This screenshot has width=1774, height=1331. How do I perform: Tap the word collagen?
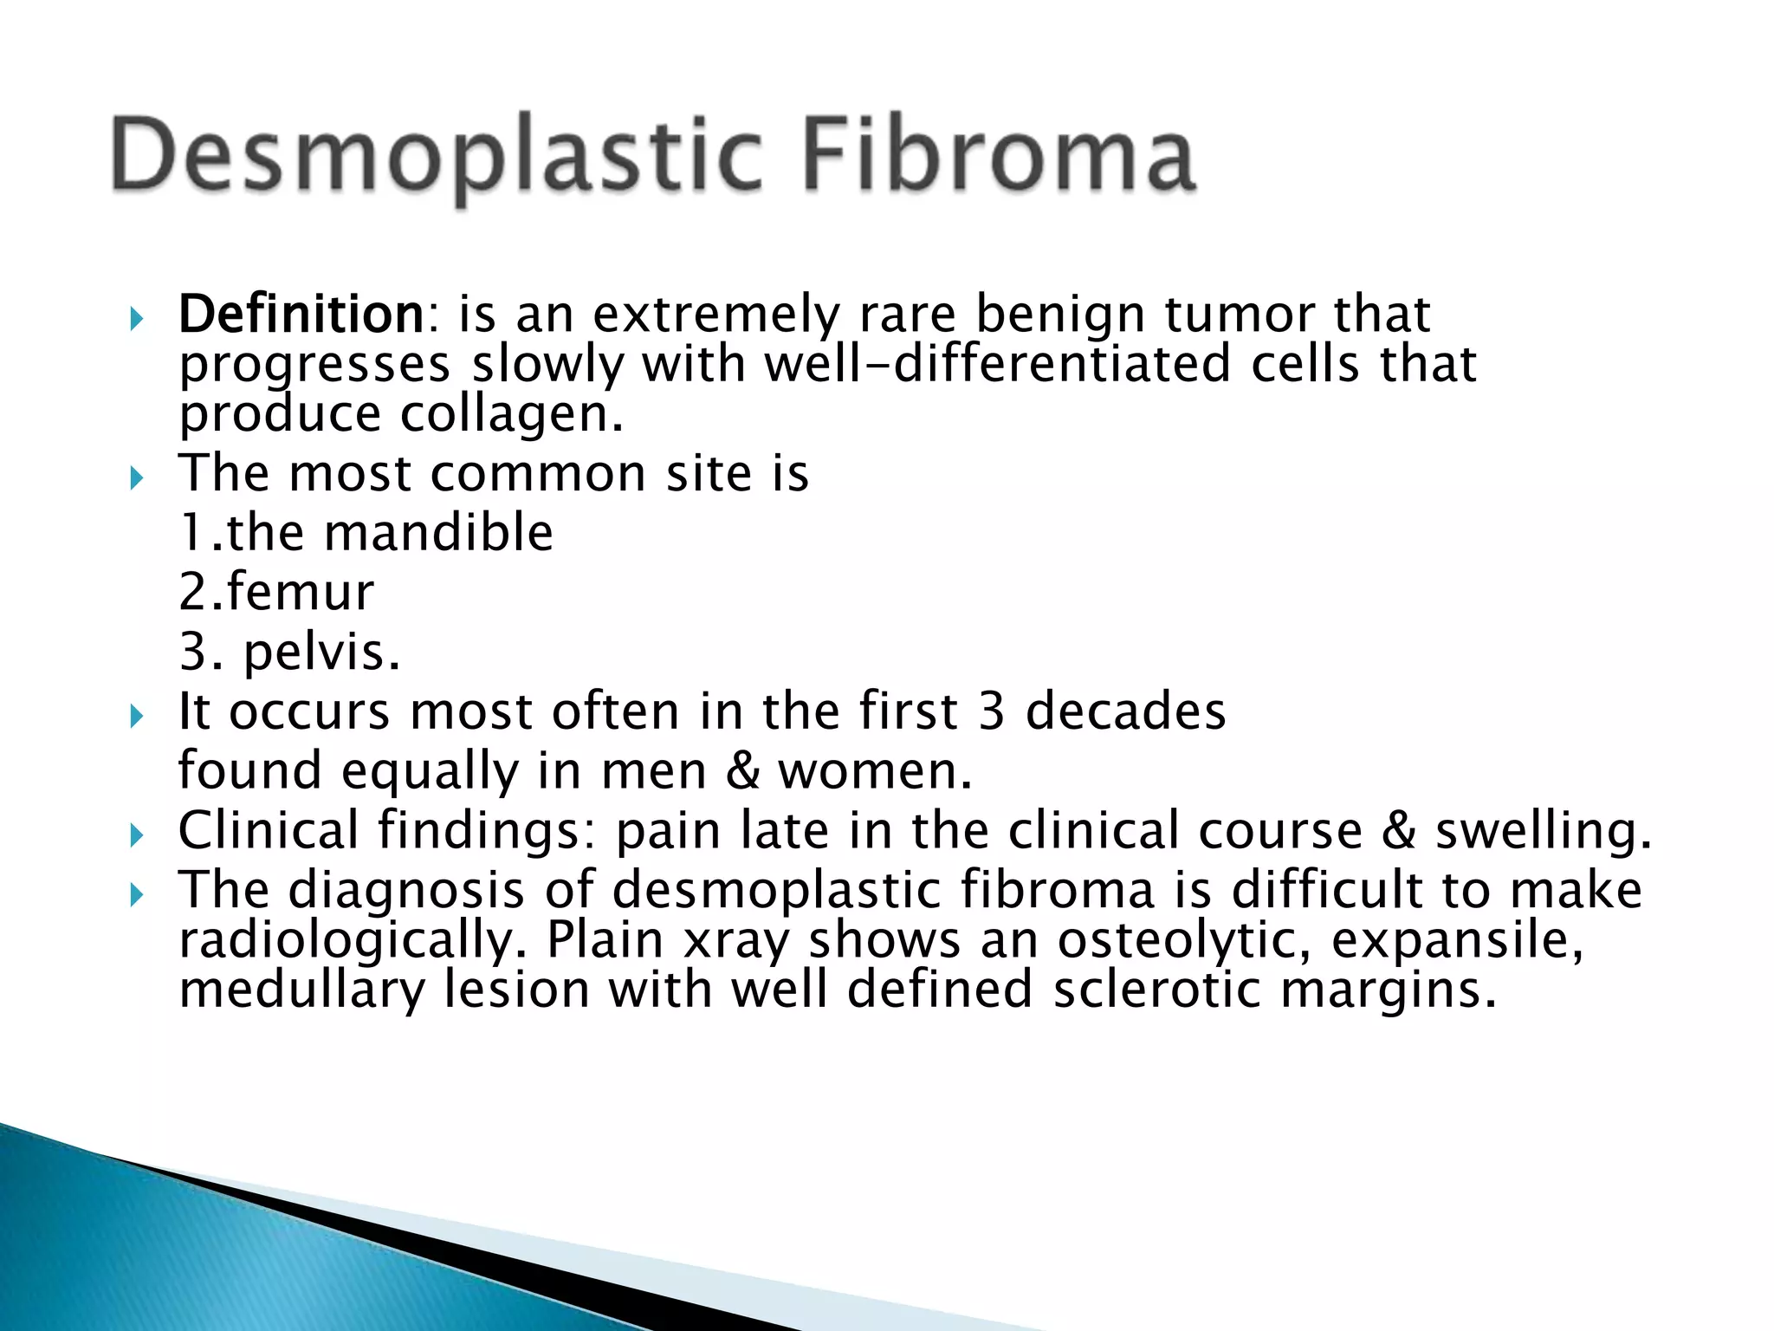(511, 414)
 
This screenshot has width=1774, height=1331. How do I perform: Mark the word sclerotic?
(1156, 990)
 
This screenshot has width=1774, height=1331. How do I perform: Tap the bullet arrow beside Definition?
(135, 319)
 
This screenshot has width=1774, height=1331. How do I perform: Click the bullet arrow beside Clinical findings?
(135, 835)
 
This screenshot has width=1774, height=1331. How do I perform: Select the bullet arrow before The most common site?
(135, 477)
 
